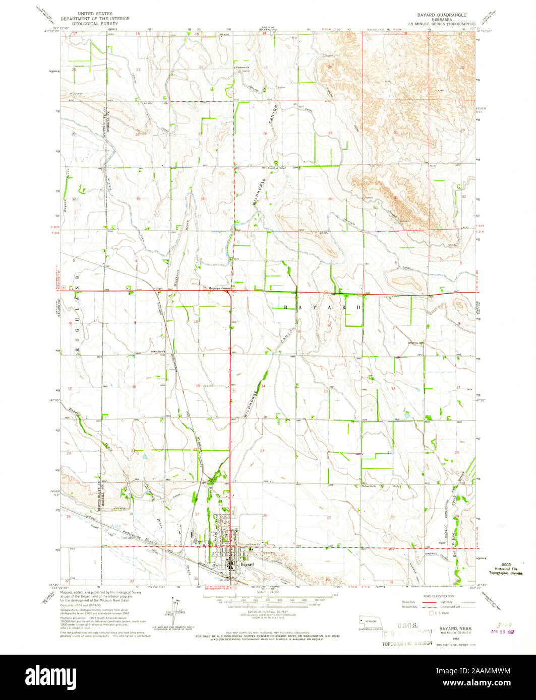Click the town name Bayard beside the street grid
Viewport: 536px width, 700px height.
point(247,565)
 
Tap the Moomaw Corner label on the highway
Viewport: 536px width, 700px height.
point(219,289)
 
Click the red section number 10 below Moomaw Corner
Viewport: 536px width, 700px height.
point(196,321)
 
